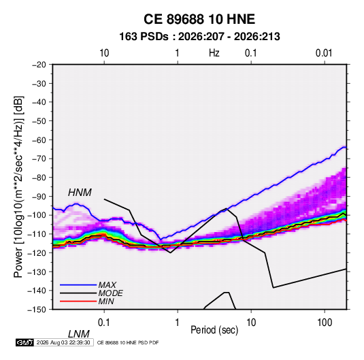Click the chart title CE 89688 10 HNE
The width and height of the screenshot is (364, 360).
[x=199, y=19]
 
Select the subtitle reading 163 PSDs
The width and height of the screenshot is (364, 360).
[x=144, y=37]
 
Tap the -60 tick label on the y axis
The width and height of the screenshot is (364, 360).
[x=39, y=140]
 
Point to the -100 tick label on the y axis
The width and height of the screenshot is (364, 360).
[x=37, y=215]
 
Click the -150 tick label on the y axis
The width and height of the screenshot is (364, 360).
[x=37, y=310]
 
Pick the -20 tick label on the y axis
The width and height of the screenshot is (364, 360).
[x=39, y=65]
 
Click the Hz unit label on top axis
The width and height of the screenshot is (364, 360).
[x=214, y=53]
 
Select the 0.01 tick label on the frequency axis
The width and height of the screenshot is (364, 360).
[x=324, y=53]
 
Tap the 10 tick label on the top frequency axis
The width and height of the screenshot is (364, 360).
[x=104, y=53]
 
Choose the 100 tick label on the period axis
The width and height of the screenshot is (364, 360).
[x=325, y=323]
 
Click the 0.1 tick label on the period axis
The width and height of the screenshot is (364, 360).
[x=104, y=323]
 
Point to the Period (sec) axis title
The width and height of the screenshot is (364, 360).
[x=214, y=330]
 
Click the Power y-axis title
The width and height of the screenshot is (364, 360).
[x=18, y=186]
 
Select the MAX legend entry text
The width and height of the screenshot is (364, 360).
[x=107, y=285]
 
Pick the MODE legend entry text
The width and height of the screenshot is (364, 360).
[x=110, y=293]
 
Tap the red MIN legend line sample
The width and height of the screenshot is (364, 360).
[x=78, y=301]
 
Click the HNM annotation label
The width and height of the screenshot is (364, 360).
[x=80, y=193]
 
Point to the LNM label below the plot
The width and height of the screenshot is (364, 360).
[x=79, y=334]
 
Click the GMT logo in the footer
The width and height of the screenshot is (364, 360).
[x=25, y=342]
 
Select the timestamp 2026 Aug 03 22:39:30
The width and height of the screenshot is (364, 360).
[x=63, y=342]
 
